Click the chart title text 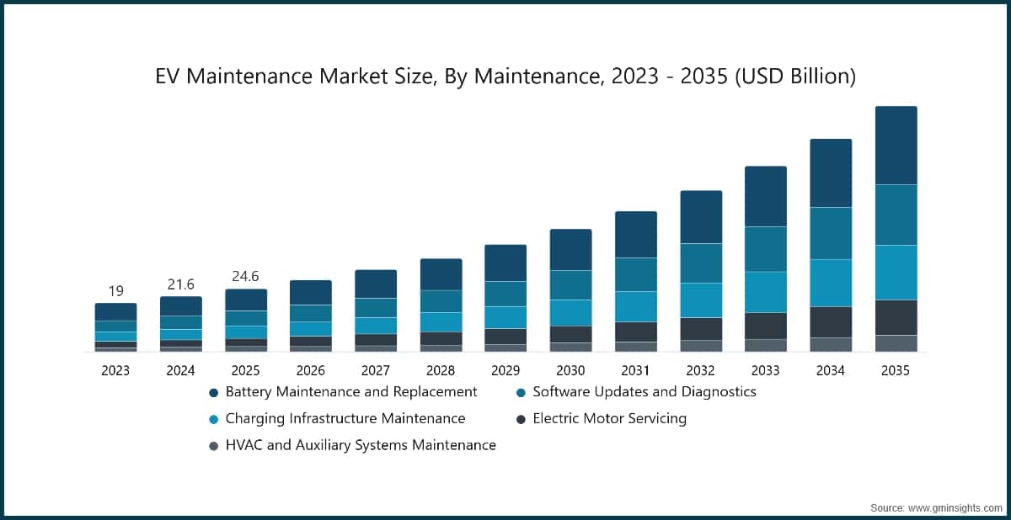pos(505,77)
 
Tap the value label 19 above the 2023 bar pos(115,291)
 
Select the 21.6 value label pos(180,284)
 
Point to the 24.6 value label pos(245,277)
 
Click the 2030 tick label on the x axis pos(570,370)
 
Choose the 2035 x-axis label pos(896,370)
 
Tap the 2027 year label pos(376,370)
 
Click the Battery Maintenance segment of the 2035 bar pos(896,145)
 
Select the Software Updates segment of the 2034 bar pos(831,233)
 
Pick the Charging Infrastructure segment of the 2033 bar pos(765,292)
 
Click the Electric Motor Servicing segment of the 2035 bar pos(896,317)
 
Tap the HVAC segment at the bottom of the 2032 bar pos(700,346)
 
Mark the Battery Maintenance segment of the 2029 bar pos(505,263)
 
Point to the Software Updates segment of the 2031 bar pos(635,274)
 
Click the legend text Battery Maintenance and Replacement pos(351,391)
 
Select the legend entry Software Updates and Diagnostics pos(645,391)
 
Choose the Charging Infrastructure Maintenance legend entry pos(345,418)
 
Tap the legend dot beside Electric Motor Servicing pos(522,419)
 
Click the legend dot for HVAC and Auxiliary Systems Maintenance pos(214,446)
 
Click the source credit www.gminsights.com pos(936,507)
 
